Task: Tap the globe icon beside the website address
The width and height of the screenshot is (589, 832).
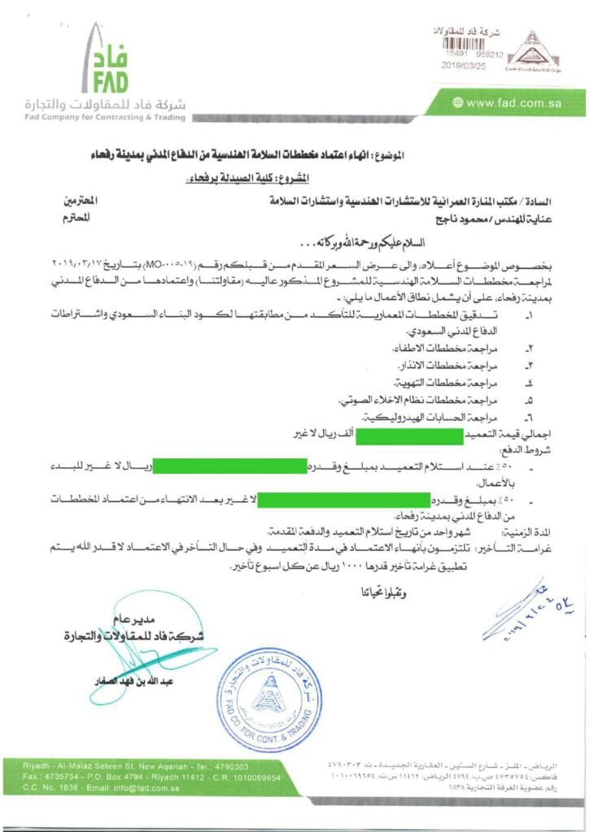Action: tap(459, 102)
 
